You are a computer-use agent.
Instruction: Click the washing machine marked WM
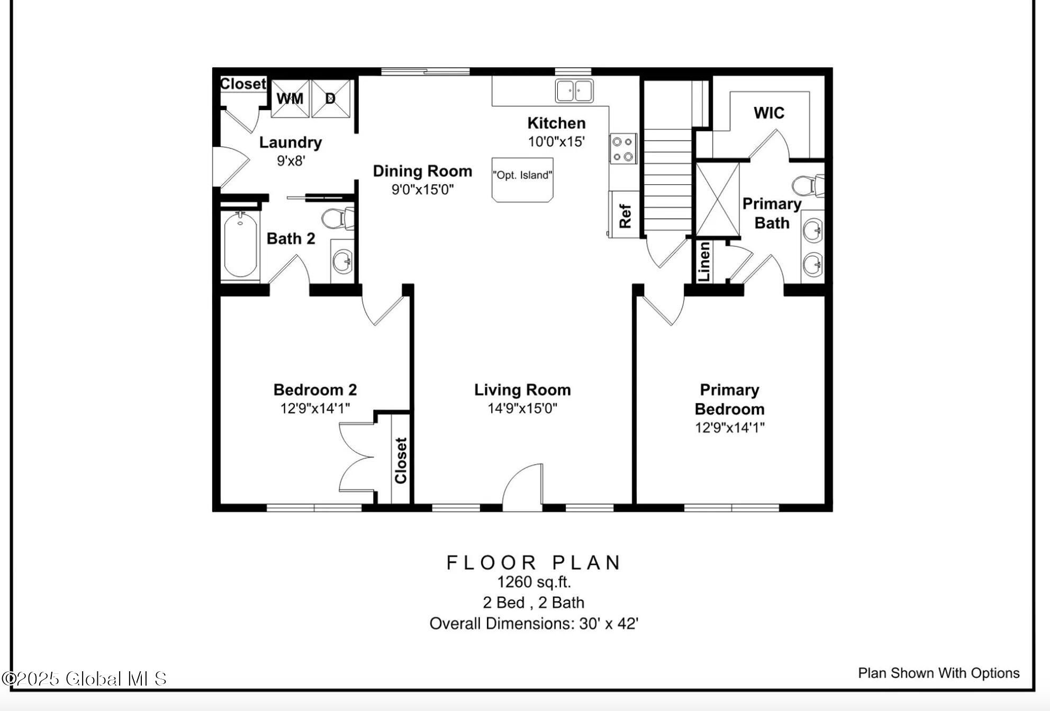tap(290, 99)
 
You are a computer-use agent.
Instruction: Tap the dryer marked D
tap(331, 99)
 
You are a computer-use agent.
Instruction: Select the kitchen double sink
tap(574, 91)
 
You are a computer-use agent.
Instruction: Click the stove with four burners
tap(622, 149)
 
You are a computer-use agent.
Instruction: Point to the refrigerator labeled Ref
tap(624, 215)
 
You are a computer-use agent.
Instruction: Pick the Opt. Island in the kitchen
tap(522, 180)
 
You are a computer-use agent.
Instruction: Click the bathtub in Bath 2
tap(240, 245)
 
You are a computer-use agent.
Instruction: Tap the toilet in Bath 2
tap(338, 218)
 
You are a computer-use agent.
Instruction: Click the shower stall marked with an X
tap(718, 199)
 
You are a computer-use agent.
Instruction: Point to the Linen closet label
tap(704, 262)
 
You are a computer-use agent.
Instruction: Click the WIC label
tap(768, 113)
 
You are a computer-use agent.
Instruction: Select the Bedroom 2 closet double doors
tap(356, 457)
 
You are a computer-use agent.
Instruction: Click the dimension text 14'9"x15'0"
tap(522, 408)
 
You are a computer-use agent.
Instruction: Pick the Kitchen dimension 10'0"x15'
tap(556, 141)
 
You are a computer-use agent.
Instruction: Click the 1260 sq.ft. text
tap(533, 582)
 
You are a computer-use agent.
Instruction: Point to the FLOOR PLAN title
tap(533, 562)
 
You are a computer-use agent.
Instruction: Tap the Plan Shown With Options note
tap(938, 673)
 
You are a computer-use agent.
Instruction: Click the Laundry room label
tap(291, 143)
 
